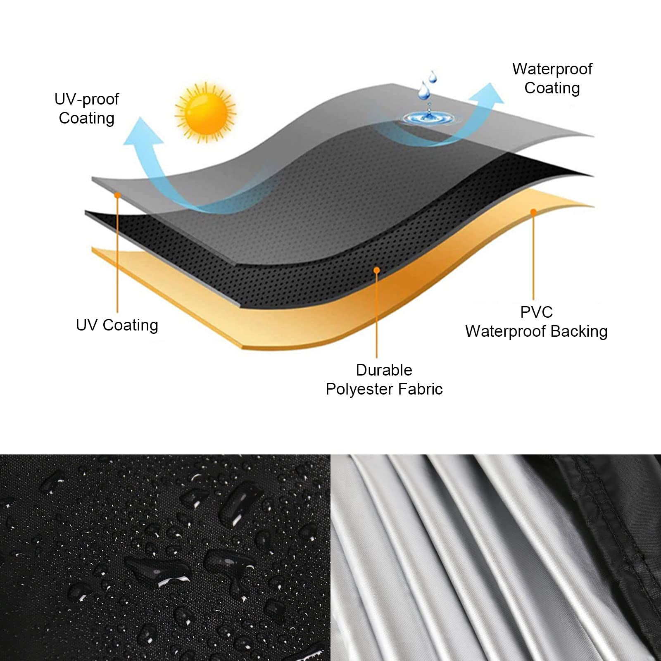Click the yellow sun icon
coord(205,111)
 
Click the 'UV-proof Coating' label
coord(87,109)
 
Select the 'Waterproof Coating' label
coord(552,78)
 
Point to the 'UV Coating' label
coord(117,325)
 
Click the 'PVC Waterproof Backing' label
coord(536,322)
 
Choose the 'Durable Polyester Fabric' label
coord(384,380)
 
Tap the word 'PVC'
coord(536,312)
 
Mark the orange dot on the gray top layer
coord(118,194)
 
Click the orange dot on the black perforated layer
coord(376,270)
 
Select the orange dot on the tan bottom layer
coord(533,212)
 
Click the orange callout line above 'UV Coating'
coord(118,253)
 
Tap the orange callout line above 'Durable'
coord(376,314)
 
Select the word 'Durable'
coord(384,370)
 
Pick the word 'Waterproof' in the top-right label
coord(552,69)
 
